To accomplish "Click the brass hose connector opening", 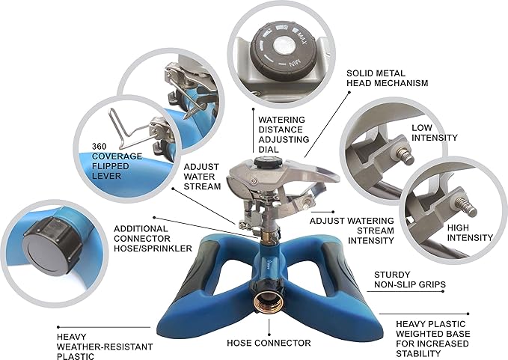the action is pyautogui.click(x=269, y=301).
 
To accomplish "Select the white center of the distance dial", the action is pyautogui.click(x=284, y=46).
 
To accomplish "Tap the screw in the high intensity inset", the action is pyautogui.click(x=466, y=206).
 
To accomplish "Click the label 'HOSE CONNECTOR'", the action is pyautogui.click(x=269, y=343).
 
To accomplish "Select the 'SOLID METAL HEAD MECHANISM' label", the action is pyautogui.click(x=387, y=78).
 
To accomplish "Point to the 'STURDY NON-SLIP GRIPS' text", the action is pyautogui.click(x=410, y=280).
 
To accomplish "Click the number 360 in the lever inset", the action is pyautogui.click(x=99, y=146).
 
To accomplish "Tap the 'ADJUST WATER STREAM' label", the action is pyautogui.click(x=202, y=177).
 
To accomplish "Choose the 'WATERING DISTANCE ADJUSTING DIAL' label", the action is pyautogui.click(x=284, y=135).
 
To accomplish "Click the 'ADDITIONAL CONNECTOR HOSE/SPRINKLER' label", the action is pyautogui.click(x=153, y=239).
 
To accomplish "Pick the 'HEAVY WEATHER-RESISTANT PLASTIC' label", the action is pyautogui.click(x=105, y=347).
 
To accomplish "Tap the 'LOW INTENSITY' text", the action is pyautogui.click(x=434, y=132).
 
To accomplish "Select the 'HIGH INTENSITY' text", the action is pyautogui.click(x=470, y=233).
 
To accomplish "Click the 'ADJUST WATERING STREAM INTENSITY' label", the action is pyautogui.click(x=352, y=231).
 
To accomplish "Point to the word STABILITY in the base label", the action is pyautogui.click(x=418, y=353).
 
